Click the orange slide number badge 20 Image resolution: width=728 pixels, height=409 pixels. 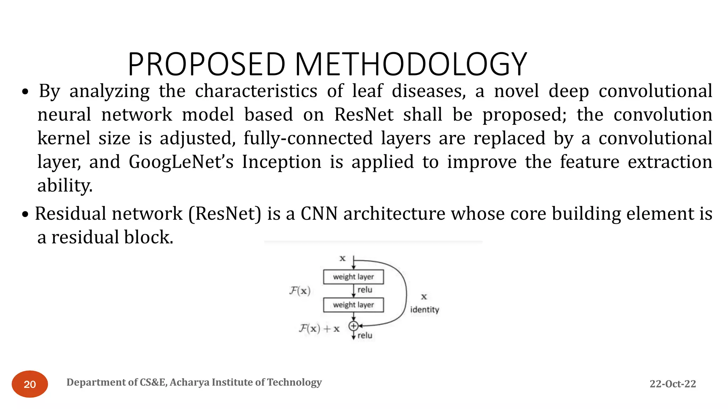tap(30, 384)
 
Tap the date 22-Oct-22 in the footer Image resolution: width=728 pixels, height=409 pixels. tap(673, 384)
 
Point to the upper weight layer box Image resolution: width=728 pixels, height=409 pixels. tap(353, 277)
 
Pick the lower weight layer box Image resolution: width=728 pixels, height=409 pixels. tap(353, 305)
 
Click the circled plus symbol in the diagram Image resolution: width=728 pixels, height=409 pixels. tap(353, 326)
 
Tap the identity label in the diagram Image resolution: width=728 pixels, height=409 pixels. tap(424, 310)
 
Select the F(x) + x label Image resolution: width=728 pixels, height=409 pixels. tap(319, 328)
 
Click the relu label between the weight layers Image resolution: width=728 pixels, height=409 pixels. tap(365, 290)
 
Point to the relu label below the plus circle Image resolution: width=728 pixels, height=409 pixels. tap(365, 336)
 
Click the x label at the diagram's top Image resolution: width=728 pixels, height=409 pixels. tap(342, 258)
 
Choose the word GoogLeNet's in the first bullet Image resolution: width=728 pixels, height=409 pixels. tap(181, 162)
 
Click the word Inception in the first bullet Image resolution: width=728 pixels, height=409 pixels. tap(282, 162)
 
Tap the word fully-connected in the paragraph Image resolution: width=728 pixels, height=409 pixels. tap(308, 138)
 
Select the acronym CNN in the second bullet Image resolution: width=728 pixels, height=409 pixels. tap(319, 214)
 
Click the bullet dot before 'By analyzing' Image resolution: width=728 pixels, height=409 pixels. tap(25, 92)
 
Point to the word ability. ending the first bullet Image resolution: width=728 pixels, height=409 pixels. tap(65, 185)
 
